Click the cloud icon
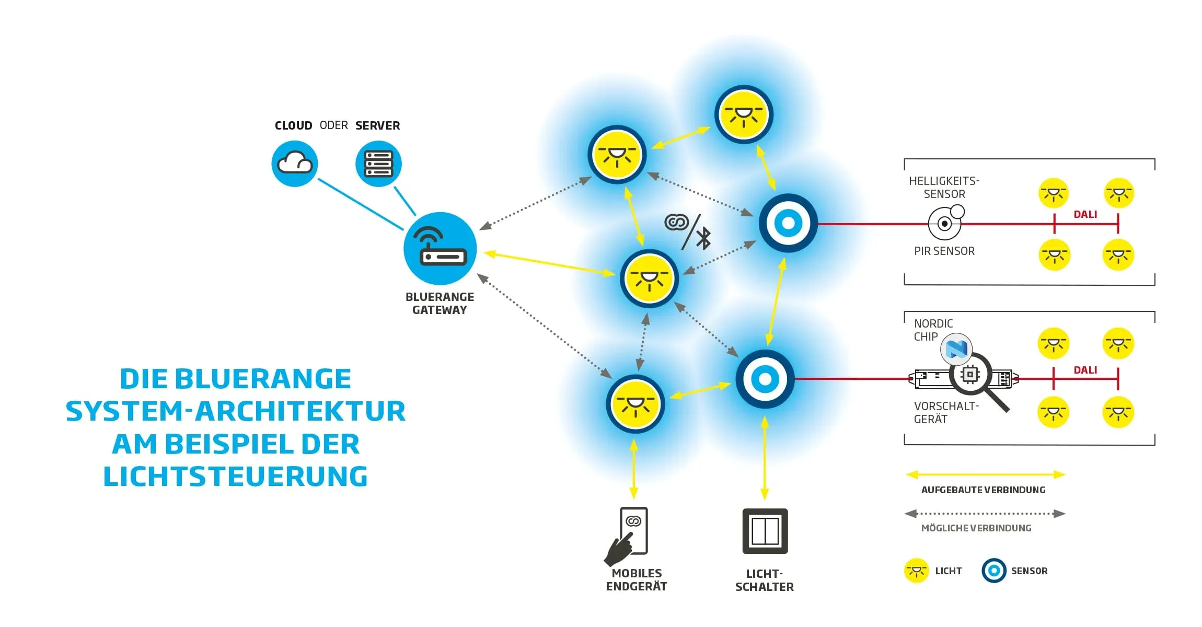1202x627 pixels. (295, 164)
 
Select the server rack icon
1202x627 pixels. (378, 164)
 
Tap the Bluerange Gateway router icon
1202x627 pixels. (440, 249)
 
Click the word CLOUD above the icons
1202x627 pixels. (293, 125)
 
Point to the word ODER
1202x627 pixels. (334, 125)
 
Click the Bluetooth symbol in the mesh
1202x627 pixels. (704, 238)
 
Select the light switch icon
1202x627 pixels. (765, 531)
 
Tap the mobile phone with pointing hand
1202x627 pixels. (628, 535)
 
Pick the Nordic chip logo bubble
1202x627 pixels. (956, 349)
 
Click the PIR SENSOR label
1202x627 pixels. (944, 251)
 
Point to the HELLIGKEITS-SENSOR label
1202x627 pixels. (944, 187)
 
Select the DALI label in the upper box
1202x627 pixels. (1085, 214)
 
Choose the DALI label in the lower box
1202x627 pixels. (1085, 370)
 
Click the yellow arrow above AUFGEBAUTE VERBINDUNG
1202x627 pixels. (985, 474)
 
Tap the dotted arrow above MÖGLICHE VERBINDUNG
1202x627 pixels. (985, 514)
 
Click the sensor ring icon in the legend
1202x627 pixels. (993, 571)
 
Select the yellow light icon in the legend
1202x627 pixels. (916, 571)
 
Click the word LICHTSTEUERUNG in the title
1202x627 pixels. (236, 476)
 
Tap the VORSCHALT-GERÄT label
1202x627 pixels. (946, 412)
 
